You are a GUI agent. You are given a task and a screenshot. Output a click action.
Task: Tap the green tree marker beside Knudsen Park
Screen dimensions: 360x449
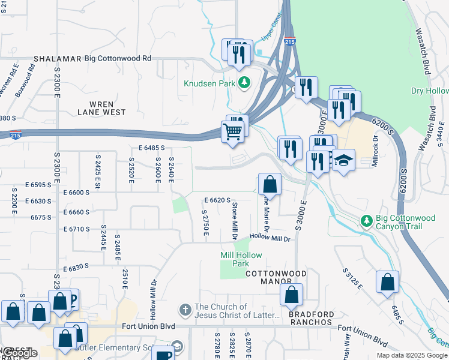244,83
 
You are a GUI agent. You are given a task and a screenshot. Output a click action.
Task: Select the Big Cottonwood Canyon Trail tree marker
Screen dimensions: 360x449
366,221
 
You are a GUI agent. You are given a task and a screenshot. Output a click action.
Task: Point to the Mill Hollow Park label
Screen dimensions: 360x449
241,259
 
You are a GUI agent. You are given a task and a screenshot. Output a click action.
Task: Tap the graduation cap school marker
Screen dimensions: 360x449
343,161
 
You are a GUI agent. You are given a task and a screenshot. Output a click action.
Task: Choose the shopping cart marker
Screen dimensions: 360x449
233,131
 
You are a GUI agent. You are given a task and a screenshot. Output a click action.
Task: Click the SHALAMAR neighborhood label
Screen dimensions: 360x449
58,59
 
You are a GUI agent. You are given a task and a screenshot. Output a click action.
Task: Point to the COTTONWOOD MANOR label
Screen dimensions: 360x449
276,274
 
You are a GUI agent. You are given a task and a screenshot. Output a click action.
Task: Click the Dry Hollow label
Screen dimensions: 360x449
429,91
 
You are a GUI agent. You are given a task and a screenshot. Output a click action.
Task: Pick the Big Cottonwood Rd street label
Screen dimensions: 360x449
118,59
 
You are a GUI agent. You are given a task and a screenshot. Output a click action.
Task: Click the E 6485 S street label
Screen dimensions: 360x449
151,148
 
